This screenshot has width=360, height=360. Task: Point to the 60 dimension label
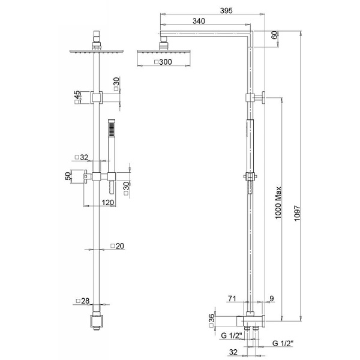274,35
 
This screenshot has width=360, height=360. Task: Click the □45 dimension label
76,97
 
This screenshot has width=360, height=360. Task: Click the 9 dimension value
271,298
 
